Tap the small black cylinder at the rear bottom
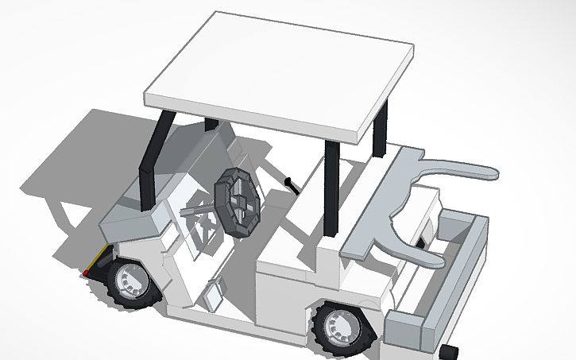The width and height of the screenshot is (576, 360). click(450, 351)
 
